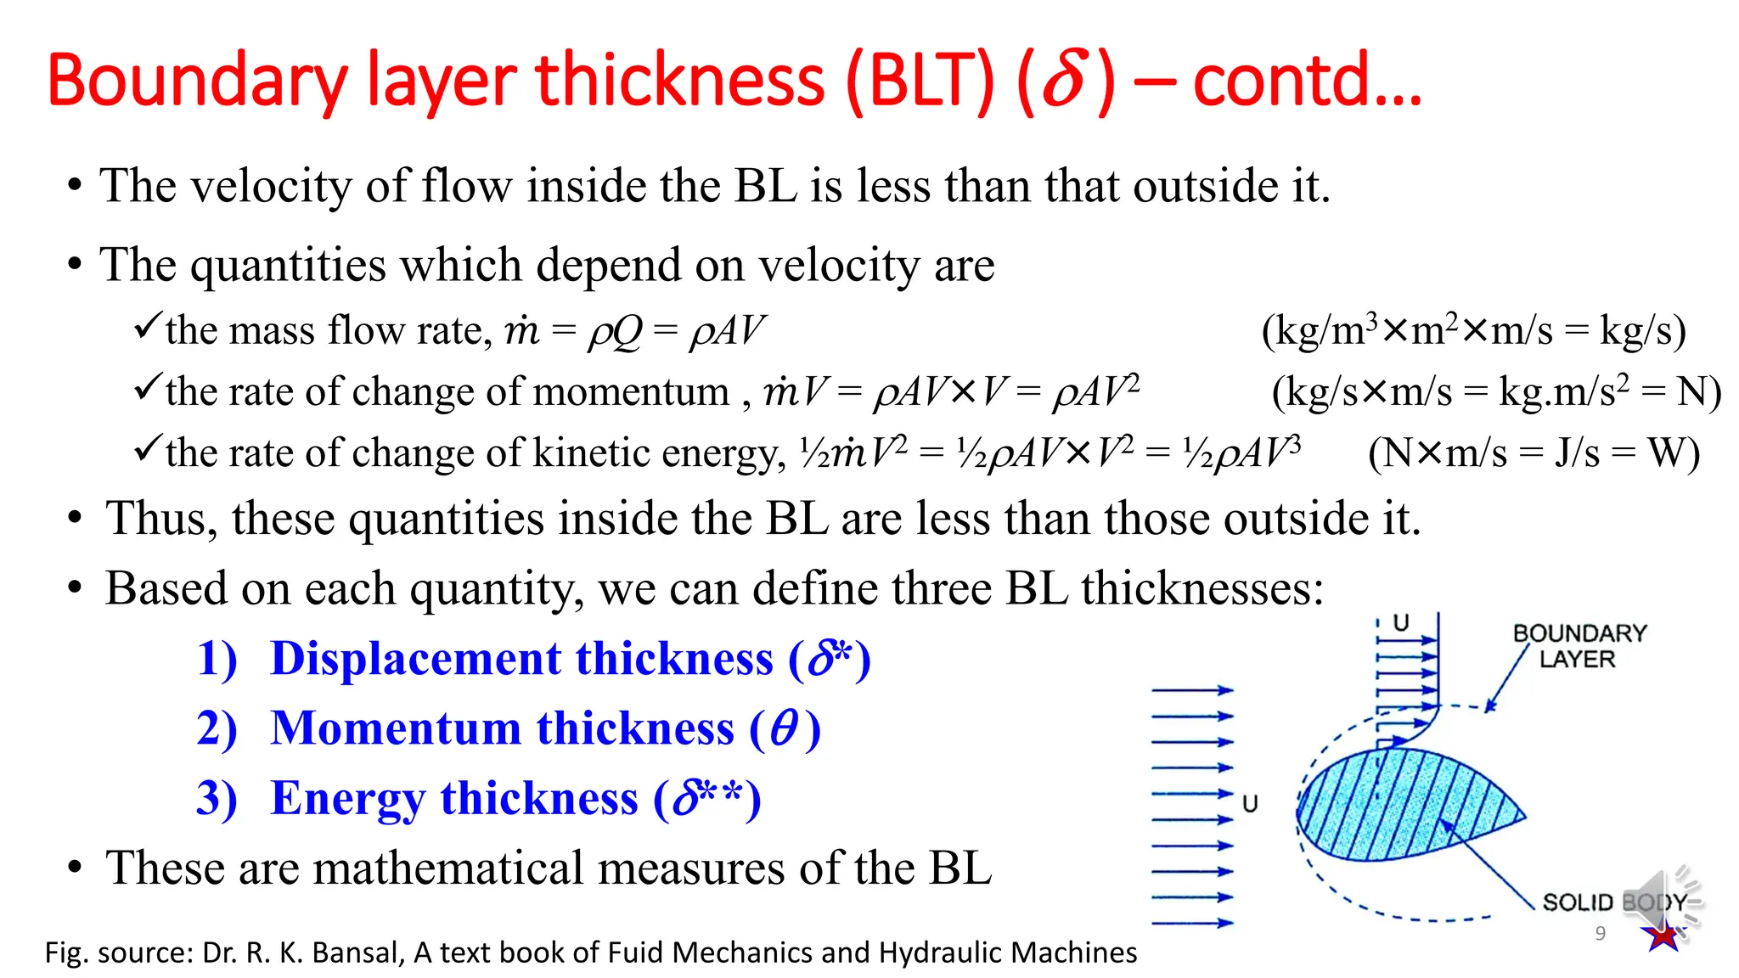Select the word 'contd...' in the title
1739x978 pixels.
[x=1307, y=81]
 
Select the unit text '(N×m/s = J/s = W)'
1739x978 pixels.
[x=1534, y=452]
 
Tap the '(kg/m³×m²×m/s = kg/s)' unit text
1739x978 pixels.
[x=1473, y=330]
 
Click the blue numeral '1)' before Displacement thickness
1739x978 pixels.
[x=217, y=659]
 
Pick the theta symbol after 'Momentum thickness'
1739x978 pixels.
[x=784, y=728]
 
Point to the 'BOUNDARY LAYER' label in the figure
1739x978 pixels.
[x=1579, y=646]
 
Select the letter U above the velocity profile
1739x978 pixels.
[x=1401, y=623]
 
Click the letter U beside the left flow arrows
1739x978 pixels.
[x=1250, y=803]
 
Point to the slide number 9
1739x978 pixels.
[x=1601, y=934]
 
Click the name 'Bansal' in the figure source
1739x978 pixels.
[x=354, y=953]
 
